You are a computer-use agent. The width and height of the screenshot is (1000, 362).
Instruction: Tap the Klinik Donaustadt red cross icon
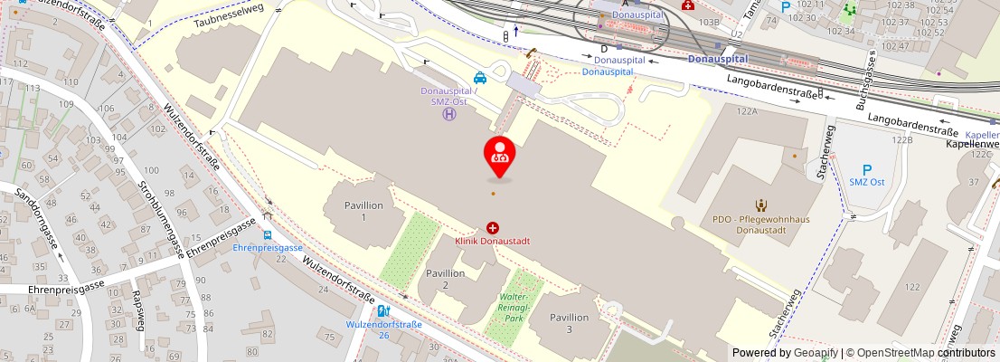click(493, 228)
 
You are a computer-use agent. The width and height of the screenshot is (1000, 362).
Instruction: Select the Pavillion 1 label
click(363, 211)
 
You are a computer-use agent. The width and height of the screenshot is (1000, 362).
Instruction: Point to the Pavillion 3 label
click(569, 323)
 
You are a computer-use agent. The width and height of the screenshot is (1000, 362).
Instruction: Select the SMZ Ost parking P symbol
click(866, 169)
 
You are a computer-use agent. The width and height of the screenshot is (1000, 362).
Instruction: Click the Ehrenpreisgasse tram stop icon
click(268, 234)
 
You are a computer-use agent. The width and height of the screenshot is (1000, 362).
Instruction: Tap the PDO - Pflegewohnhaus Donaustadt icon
click(760, 205)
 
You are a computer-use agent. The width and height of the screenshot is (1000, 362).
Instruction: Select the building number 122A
click(746, 111)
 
